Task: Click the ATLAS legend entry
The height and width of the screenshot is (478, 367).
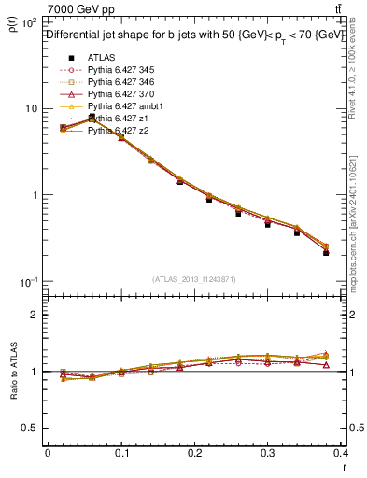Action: tap(100, 57)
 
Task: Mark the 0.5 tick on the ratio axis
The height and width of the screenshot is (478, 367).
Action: tap(31, 428)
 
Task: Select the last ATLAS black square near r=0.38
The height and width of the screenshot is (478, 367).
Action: tap(352, 253)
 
